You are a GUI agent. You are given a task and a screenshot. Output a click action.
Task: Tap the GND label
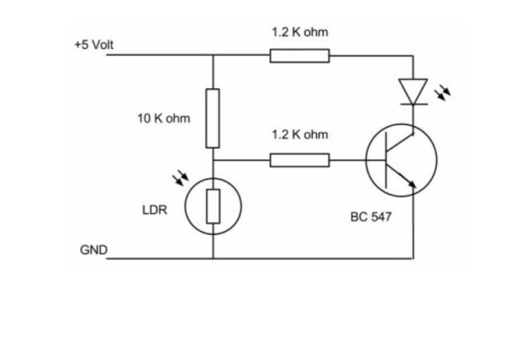94,250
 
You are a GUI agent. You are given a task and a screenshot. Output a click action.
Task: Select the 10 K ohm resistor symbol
213,118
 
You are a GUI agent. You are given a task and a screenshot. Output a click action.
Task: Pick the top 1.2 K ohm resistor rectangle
299,56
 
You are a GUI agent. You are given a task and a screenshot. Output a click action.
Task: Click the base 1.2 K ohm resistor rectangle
299,160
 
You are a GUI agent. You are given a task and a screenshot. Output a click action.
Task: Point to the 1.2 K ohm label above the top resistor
300,32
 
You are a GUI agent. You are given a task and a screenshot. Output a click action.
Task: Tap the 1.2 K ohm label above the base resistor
300,135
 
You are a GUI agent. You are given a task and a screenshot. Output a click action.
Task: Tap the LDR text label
155,210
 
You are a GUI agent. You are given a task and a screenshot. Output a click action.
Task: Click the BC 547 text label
371,217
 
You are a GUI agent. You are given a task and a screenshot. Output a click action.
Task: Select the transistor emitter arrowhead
412,184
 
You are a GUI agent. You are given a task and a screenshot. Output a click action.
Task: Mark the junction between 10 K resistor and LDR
213,160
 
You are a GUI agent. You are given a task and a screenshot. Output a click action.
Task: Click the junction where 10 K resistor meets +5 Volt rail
213,56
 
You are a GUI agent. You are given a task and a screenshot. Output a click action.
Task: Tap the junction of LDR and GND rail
213,258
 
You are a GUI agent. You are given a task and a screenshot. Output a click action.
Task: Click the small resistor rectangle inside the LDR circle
213,206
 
